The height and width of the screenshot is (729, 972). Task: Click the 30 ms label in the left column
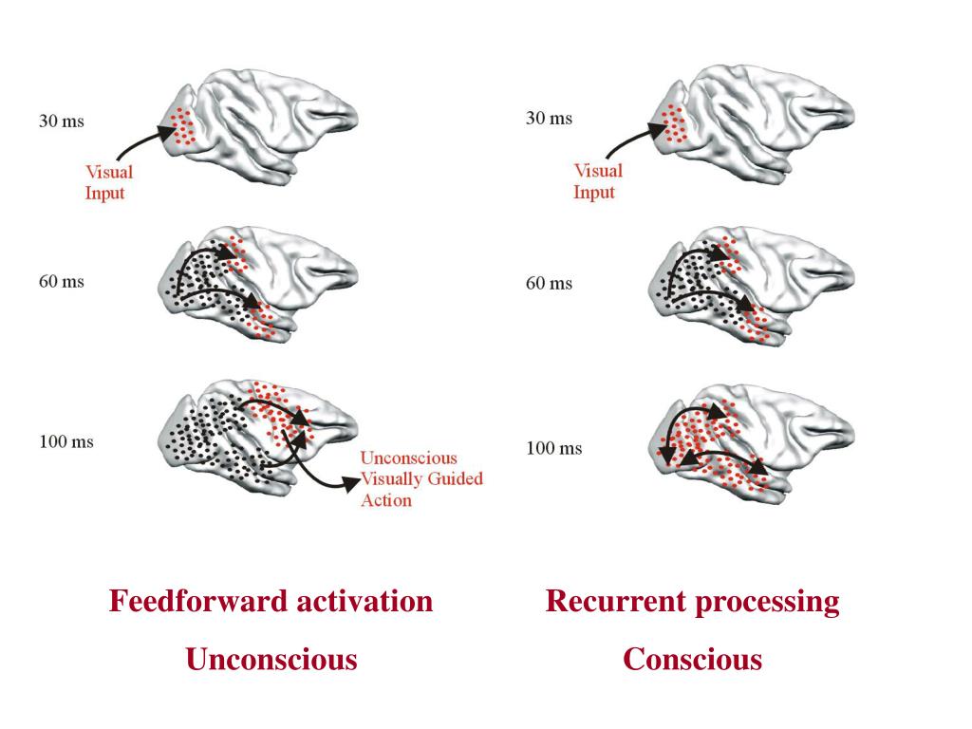[x=61, y=122]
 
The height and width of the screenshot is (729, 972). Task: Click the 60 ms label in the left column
[x=61, y=282]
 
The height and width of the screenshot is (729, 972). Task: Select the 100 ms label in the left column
[x=65, y=441]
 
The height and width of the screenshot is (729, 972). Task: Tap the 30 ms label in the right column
[x=549, y=119]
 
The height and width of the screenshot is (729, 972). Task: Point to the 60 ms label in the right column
[x=549, y=284]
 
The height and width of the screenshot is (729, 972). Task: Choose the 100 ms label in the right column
[x=553, y=448]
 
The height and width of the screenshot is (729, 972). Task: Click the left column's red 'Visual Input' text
[x=109, y=183]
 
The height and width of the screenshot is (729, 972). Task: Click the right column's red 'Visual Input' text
[x=597, y=181]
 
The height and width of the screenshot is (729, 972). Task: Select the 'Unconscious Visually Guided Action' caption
[x=421, y=479]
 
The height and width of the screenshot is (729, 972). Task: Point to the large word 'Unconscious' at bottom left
[x=271, y=659]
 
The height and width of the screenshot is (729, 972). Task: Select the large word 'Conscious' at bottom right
[x=692, y=659]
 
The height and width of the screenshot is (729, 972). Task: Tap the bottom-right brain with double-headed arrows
[x=750, y=441]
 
